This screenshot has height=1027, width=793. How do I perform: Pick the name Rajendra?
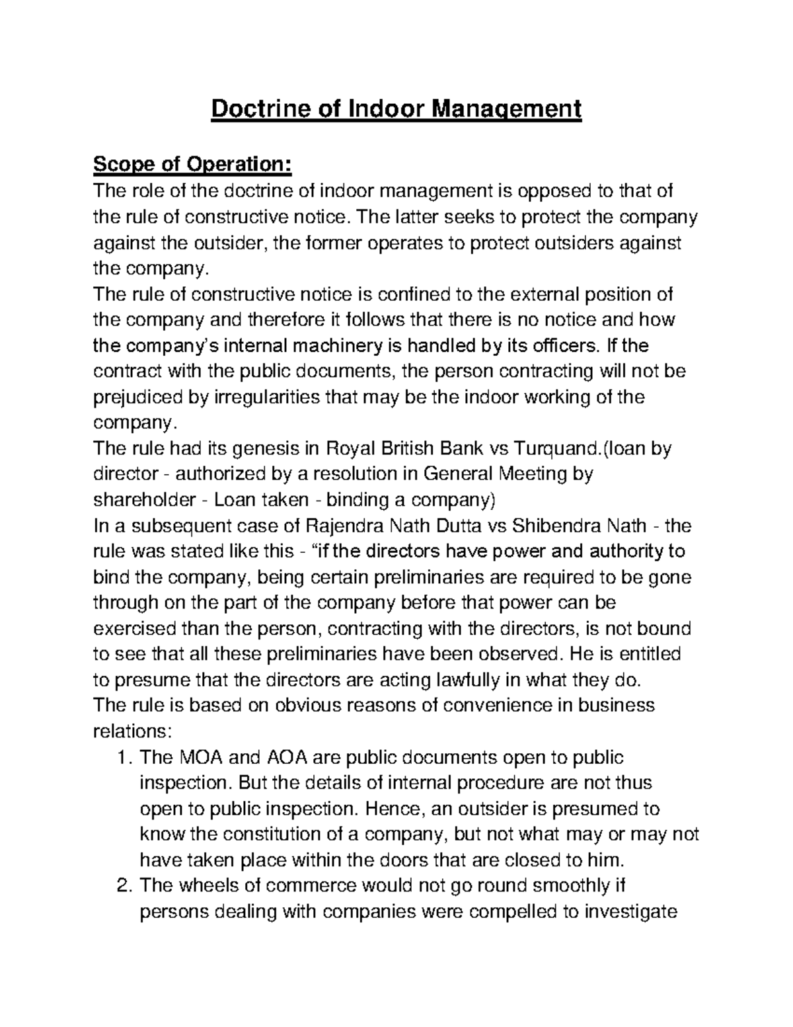[x=346, y=526]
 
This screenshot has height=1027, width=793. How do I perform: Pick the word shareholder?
[x=137, y=500]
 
